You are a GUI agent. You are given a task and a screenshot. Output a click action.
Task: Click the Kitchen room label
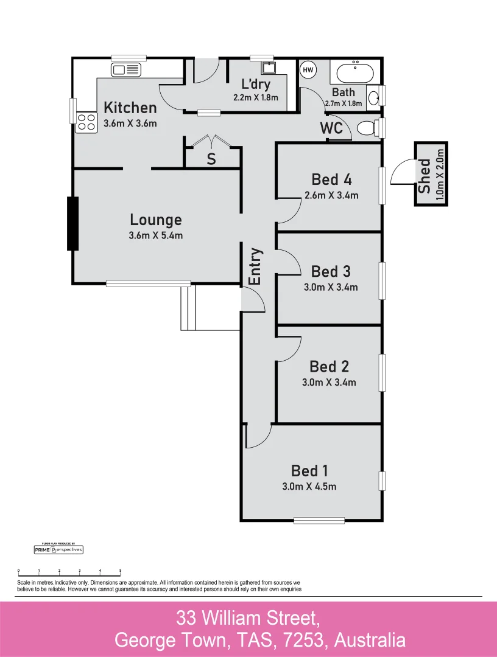click(x=130, y=108)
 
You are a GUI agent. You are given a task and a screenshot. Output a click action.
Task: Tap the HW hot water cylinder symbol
click(x=308, y=70)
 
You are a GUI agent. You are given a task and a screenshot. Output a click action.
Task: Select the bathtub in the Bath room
click(x=354, y=74)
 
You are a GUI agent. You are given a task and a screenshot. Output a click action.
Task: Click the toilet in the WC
click(x=367, y=128)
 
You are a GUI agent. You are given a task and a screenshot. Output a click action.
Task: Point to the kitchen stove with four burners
click(x=86, y=122)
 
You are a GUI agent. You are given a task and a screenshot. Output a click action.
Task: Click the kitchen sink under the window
click(x=126, y=69)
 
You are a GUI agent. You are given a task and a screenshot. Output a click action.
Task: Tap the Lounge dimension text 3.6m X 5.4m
click(x=156, y=235)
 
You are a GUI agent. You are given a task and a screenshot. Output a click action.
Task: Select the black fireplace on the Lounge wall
click(x=73, y=224)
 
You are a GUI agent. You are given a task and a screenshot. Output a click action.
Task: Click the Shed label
click(x=425, y=176)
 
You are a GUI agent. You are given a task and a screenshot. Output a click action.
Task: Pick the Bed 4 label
click(x=331, y=179)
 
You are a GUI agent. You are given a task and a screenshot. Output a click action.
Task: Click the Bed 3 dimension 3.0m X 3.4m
click(x=331, y=287)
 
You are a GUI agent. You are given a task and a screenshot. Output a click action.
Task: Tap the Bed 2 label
click(x=329, y=366)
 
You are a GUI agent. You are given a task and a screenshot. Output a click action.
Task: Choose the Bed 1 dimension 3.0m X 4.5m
click(x=309, y=486)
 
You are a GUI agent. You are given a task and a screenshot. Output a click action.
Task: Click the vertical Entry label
click(x=255, y=266)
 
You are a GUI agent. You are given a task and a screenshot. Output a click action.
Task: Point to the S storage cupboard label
click(x=211, y=159)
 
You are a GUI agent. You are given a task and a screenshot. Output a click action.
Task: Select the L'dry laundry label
click(x=256, y=84)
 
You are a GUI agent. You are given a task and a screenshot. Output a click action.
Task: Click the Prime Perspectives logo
click(x=58, y=549)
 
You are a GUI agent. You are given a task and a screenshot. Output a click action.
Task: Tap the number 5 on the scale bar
click(x=120, y=571)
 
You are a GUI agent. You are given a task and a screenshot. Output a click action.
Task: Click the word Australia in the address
click(x=368, y=639)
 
